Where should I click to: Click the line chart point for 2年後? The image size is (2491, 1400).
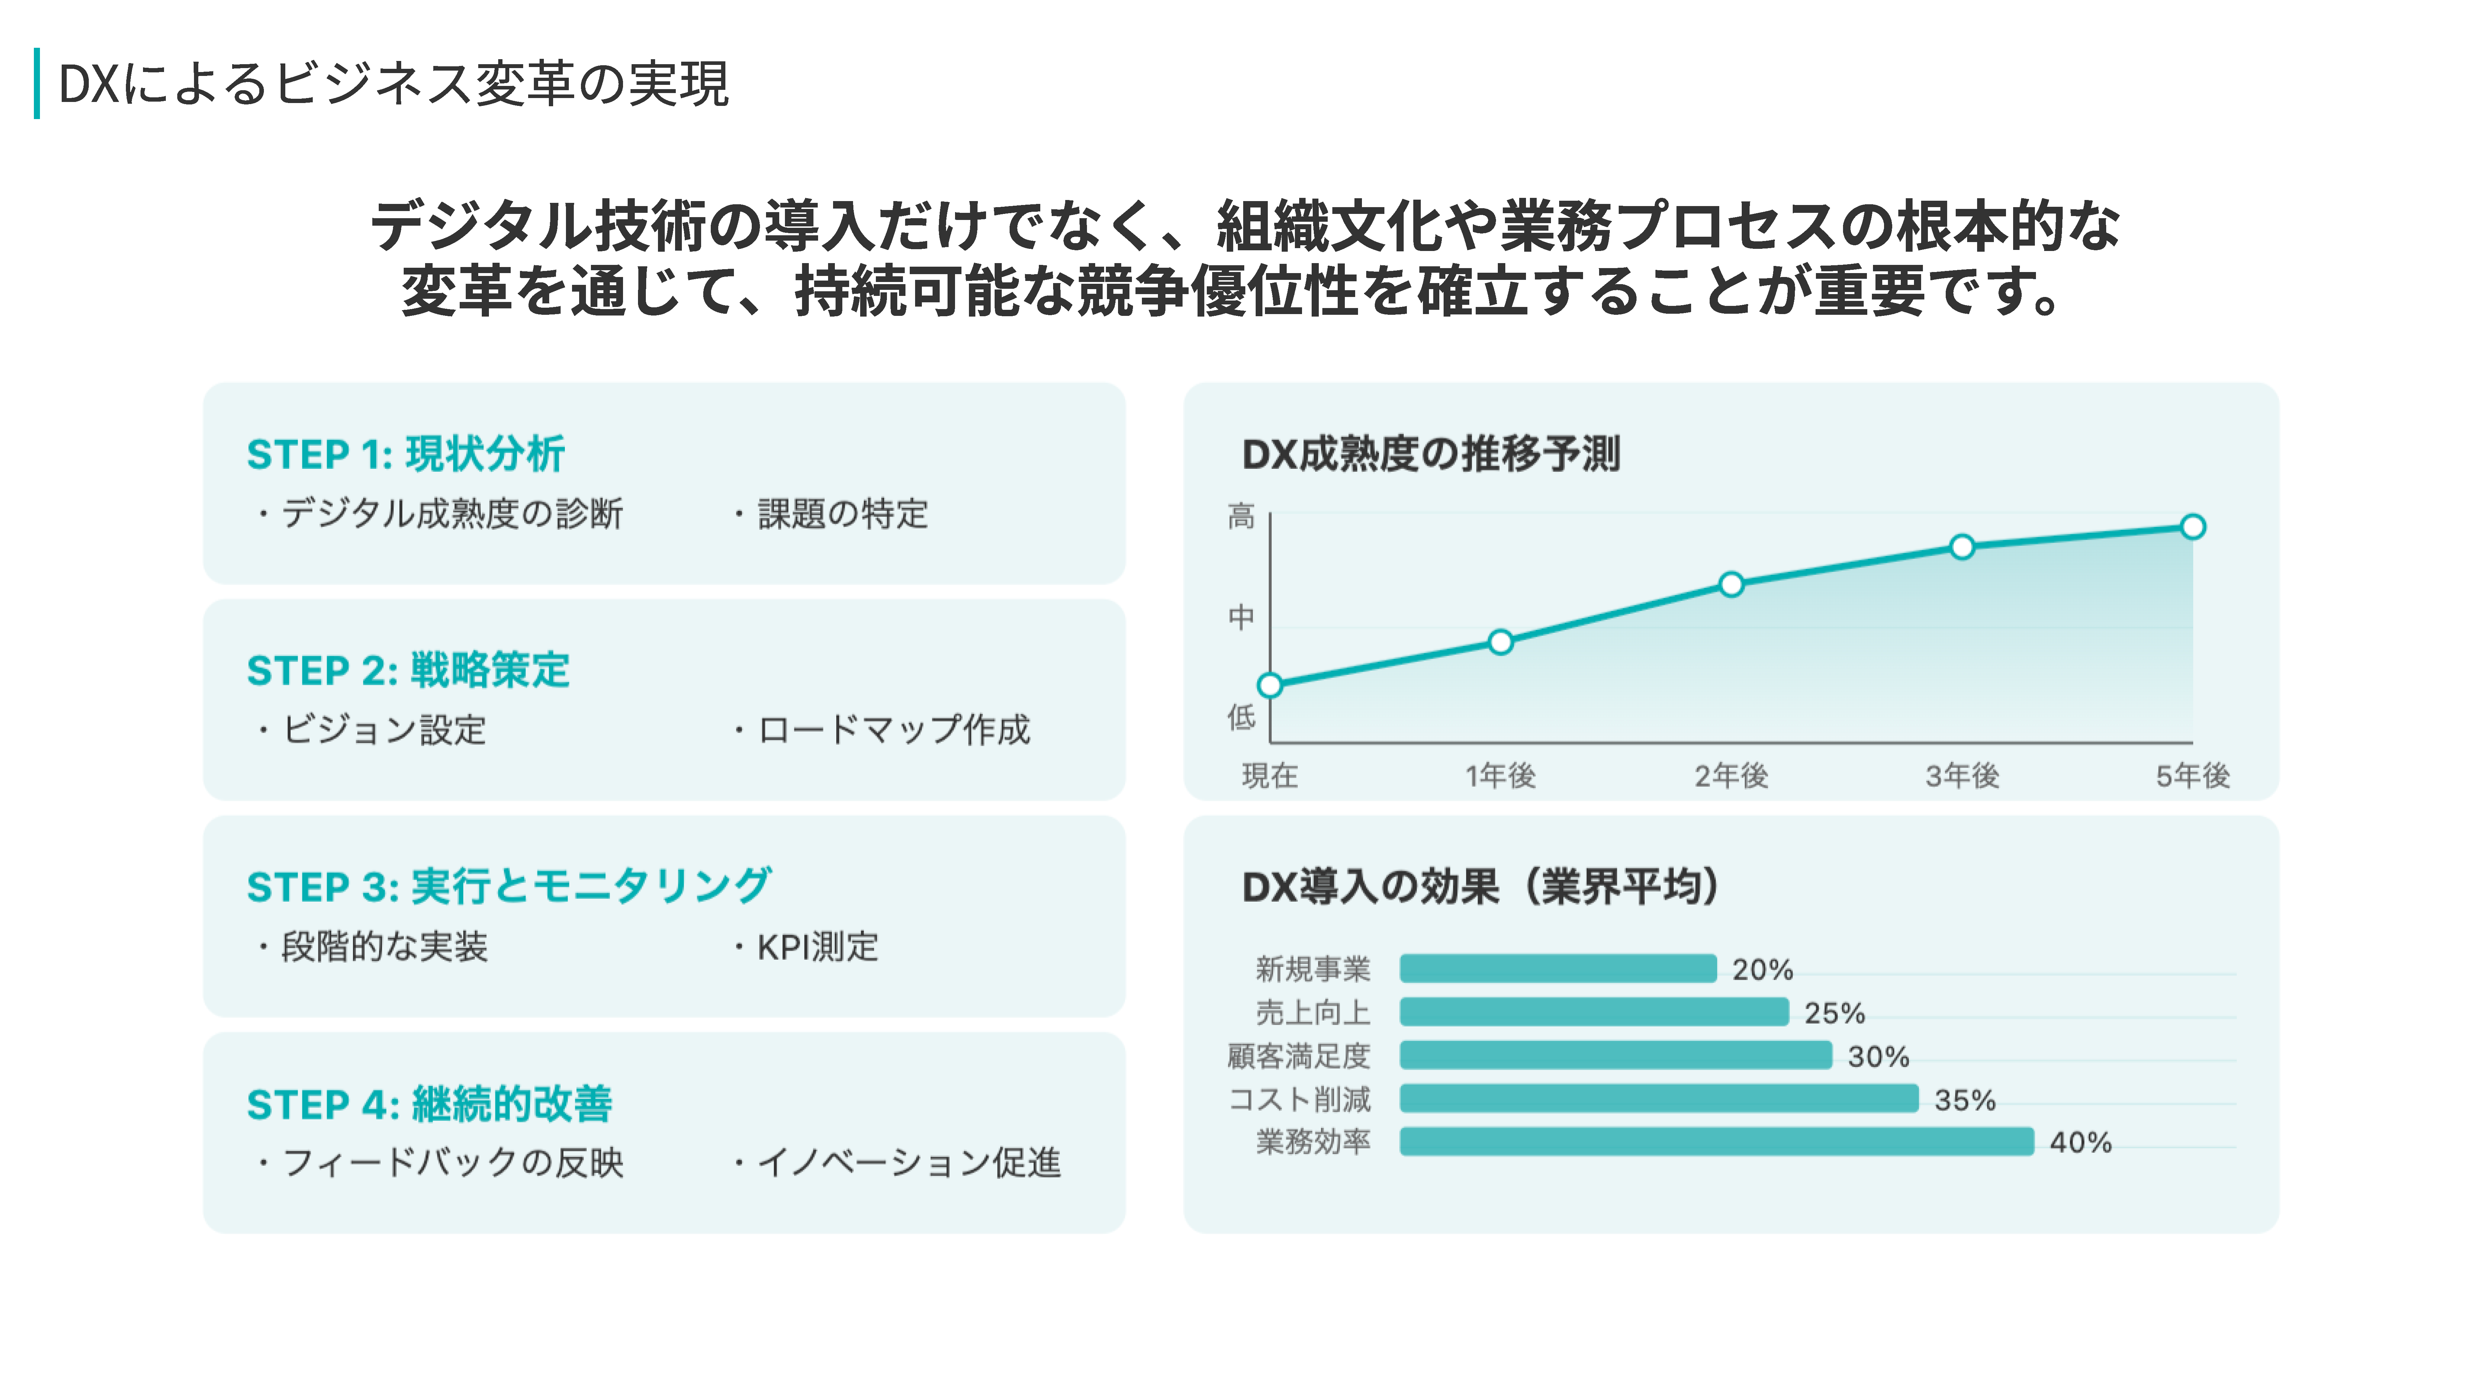pyautogui.click(x=1731, y=584)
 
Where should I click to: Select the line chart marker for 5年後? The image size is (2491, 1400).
pyautogui.click(x=2192, y=527)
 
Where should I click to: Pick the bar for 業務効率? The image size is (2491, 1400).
pyautogui.click(x=1716, y=1142)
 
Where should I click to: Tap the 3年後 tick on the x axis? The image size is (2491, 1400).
pyautogui.click(x=1962, y=775)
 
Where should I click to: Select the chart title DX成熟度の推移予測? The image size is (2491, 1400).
pyautogui.click(x=1430, y=453)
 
